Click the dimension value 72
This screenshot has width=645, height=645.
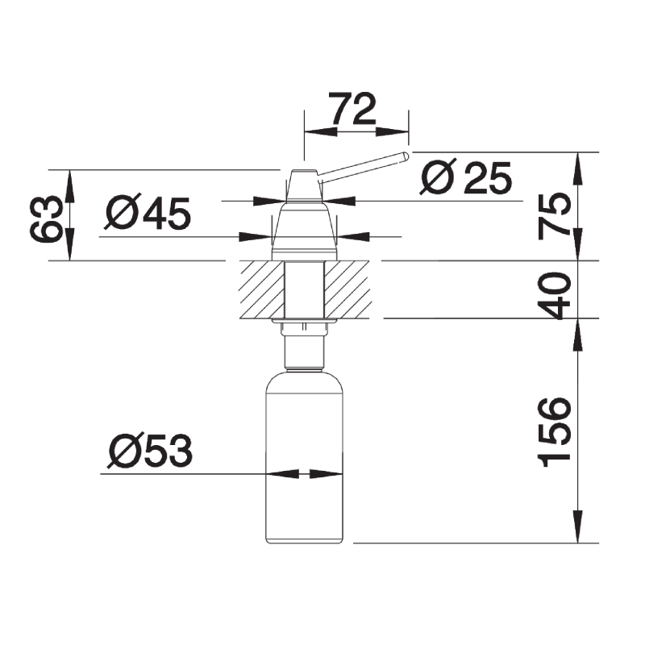click(354, 109)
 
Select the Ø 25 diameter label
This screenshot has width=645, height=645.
click(466, 177)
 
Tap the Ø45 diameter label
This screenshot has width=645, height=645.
click(148, 212)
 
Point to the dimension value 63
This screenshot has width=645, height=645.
click(46, 218)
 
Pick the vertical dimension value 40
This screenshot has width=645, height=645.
click(555, 295)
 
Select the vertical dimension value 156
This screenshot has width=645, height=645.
click(554, 432)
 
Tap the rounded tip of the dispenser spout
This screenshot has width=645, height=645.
click(406, 156)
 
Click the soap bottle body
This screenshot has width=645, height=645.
click(305, 456)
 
